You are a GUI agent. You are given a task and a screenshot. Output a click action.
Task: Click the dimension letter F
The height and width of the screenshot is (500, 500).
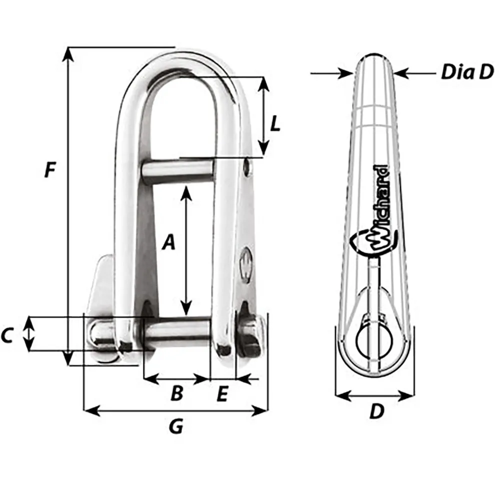49,170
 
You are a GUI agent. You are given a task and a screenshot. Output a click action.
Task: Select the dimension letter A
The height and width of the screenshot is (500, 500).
169,243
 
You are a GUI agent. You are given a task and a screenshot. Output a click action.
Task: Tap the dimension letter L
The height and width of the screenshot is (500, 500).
274,124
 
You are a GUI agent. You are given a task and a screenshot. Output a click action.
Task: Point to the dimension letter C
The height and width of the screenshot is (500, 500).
6,336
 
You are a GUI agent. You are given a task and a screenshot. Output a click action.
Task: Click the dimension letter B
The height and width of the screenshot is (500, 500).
176,394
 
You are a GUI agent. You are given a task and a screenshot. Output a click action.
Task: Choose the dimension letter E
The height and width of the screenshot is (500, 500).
222,394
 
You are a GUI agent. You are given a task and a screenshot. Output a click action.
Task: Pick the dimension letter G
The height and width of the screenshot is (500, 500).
175,426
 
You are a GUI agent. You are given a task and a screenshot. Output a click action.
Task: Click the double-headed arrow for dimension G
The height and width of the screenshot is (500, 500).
175,411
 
